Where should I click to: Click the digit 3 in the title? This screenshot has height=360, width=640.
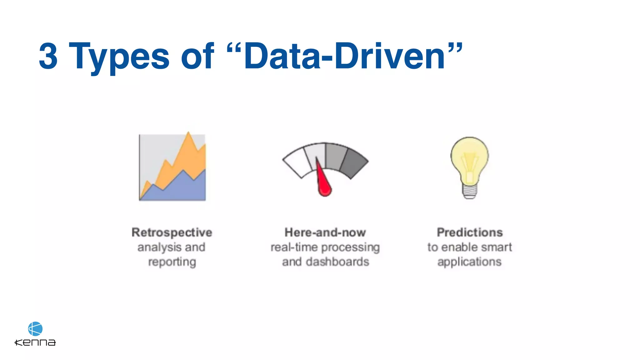point(48,56)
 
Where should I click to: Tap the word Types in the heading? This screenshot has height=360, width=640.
point(119,57)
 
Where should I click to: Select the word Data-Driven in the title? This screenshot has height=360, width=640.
point(344,56)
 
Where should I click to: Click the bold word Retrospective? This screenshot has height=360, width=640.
point(172,232)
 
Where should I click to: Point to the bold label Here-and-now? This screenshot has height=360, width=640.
point(325,232)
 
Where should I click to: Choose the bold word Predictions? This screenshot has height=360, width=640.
point(470,232)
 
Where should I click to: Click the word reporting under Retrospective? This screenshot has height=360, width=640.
point(172,262)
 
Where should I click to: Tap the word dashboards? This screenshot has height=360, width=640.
point(337,262)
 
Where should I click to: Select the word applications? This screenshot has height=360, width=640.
point(469,262)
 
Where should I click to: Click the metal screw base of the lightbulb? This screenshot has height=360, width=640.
point(469,191)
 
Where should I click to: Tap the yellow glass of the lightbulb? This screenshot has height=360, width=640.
point(469,155)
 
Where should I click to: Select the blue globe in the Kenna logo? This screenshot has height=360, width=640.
point(35,329)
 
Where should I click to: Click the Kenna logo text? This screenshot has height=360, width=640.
point(35,342)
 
